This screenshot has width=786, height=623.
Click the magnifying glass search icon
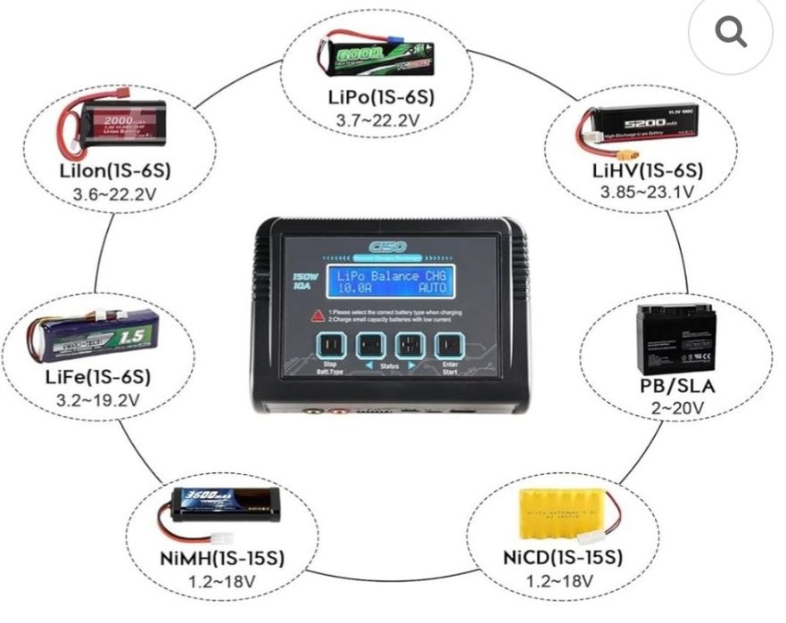point(731,32)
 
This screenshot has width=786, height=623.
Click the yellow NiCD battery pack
point(561,514)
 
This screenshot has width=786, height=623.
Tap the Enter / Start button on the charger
point(451,346)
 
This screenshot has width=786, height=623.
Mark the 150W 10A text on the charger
point(304,283)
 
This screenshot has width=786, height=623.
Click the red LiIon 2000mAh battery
point(122,127)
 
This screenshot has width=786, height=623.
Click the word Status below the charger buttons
point(389,366)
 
